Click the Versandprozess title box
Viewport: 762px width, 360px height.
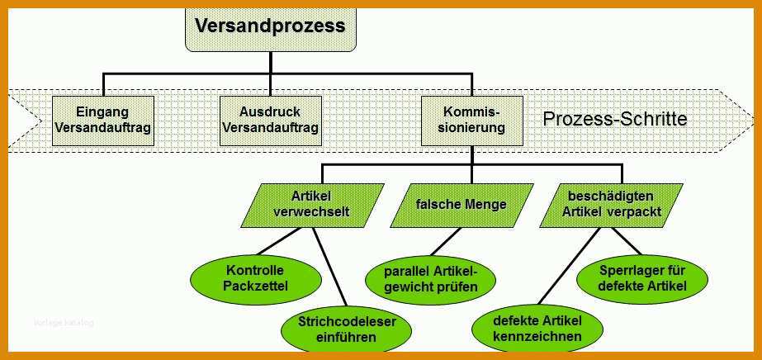[271, 29]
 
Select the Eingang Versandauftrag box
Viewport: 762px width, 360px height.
[103, 121]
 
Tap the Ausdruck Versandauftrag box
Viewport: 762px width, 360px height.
[271, 121]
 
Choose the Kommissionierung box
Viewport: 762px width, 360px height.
[472, 121]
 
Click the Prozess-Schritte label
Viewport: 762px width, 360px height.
[615, 119]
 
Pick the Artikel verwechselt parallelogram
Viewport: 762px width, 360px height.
[313, 206]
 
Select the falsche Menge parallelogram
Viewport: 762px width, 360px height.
[461, 206]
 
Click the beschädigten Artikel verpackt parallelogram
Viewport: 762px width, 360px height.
[611, 206]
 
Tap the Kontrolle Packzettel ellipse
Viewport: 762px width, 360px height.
[256, 280]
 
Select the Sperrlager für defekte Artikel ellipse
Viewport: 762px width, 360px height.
[642, 279]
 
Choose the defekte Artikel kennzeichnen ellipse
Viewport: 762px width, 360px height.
[537, 329]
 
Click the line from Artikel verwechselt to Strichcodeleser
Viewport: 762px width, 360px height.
[329, 267]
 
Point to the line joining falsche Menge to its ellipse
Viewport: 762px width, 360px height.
[446, 241]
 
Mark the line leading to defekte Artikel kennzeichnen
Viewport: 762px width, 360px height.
[569, 266]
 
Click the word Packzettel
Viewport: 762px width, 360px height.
[256, 287]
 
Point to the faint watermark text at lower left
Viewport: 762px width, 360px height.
[64, 323]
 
